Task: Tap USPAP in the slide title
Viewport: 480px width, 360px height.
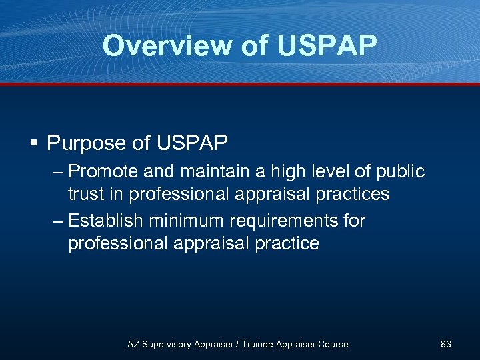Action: click(x=327, y=46)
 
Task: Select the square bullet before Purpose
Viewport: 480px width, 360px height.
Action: click(x=33, y=143)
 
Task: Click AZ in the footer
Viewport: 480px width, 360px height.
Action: click(x=134, y=344)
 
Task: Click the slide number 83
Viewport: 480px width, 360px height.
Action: click(x=446, y=344)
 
